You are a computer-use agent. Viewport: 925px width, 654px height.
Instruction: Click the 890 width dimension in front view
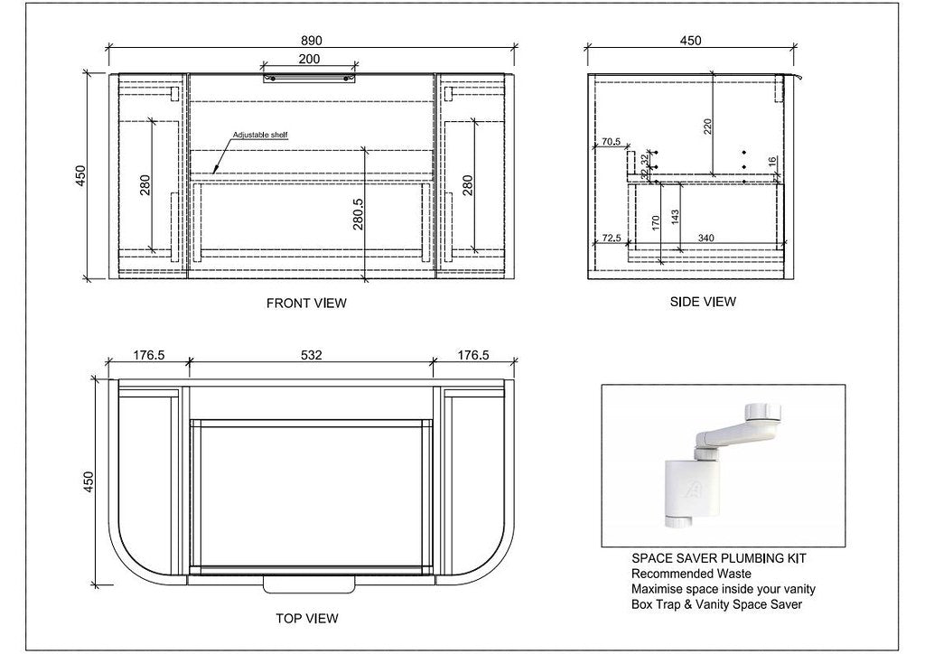point(311,41)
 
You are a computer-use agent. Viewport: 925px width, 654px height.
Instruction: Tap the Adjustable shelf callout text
point(260,135)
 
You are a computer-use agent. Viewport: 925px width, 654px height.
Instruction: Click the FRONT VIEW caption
point(306,304)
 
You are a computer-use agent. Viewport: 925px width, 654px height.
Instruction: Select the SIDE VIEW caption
point(703,302)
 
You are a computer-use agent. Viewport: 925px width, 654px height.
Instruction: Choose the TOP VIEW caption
point(306,619)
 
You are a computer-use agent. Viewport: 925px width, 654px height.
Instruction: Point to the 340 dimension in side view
point(705,238)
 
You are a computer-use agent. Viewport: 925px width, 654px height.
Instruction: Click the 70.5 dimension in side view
point(612,142)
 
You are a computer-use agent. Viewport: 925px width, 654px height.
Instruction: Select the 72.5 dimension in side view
point(612,238)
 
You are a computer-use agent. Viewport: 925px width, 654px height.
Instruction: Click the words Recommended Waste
point(692,575)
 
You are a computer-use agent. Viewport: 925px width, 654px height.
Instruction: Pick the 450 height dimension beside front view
point(79,175)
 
